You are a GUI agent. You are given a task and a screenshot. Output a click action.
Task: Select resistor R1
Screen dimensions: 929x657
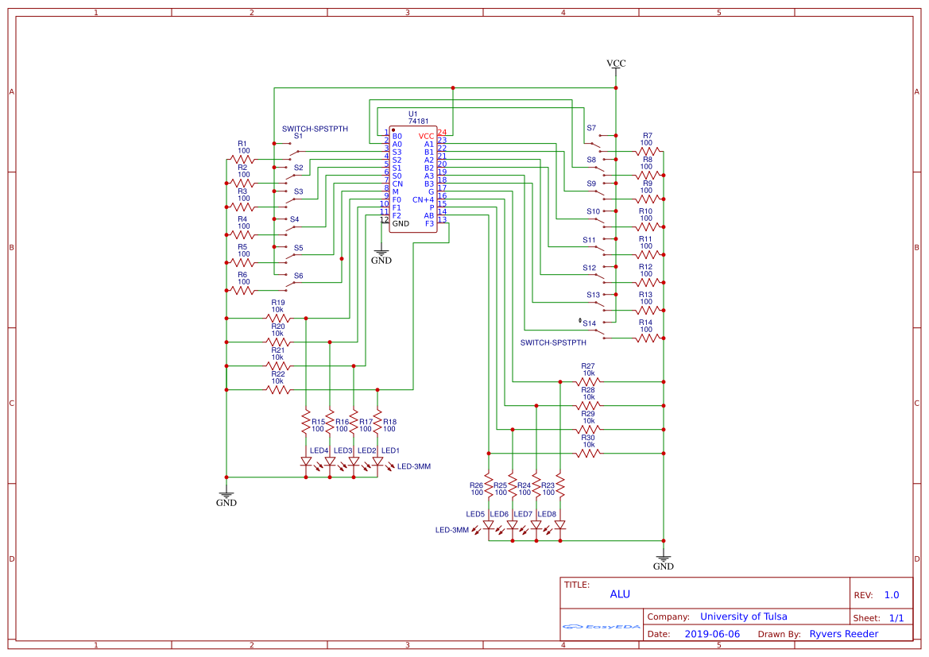pyautogui.click(x=242, y=160)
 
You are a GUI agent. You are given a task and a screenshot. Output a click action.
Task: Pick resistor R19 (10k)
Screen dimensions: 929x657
pyautogui.click(x=277, y=318)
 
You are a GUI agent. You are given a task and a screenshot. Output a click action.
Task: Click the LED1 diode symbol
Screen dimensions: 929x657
pyautogui.click(x=377, y=461)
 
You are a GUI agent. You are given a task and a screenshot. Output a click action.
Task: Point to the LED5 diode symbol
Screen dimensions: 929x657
pyautogui.click(x=488, y=525)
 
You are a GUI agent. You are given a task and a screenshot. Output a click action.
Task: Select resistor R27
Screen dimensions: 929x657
pyautogui.click(x=588, y=381)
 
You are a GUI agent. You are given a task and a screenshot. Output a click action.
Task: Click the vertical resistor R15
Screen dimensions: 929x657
pyautogui.click(x=306, y=422)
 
